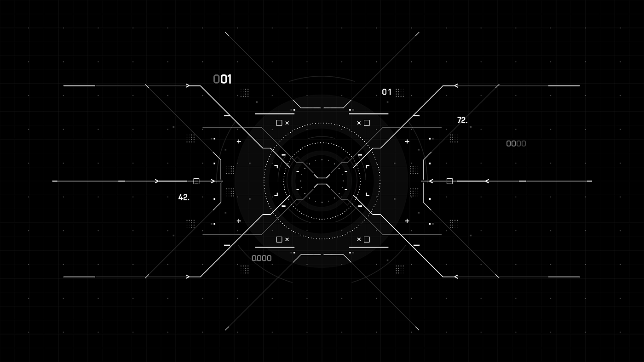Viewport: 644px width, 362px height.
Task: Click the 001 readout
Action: [x=222, y=79]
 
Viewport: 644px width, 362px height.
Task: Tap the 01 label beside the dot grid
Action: [x=387, y=92]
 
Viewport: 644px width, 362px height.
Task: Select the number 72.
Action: [x=462, y=120]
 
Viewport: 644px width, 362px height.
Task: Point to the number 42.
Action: [x=184, y=197]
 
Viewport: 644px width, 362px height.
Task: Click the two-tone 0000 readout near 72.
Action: [x=516, y=144]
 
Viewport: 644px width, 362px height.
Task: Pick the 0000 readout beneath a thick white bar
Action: [x=261, y=258]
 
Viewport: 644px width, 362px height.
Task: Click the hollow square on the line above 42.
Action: [x=196, y=181]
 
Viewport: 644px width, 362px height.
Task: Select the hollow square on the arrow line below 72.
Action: [x=449, y=181]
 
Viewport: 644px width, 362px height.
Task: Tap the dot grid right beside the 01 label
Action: [x=400, y=92]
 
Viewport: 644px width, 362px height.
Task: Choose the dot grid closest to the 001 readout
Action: [x=245, y=92]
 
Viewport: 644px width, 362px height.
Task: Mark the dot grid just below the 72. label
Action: [x=454, y=138]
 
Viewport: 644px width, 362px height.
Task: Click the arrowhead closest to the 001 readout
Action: [x=188, y=85]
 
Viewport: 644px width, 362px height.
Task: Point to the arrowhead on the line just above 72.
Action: [x=455, y=85]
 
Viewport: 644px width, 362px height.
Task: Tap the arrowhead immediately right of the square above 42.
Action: [x=213, y=181]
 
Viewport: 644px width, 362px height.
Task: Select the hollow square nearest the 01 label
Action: [x=367, y=123]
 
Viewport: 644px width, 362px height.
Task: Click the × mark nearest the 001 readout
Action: [x=287, y=123]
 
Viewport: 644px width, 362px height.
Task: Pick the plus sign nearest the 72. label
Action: [x=407, y=141]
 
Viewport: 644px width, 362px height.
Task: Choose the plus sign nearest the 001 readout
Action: [x=239, y=141]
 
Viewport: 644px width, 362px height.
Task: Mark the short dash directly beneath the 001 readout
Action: [x=227, y=116]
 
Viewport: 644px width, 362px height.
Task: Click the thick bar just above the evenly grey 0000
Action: [x=275, y=247]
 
